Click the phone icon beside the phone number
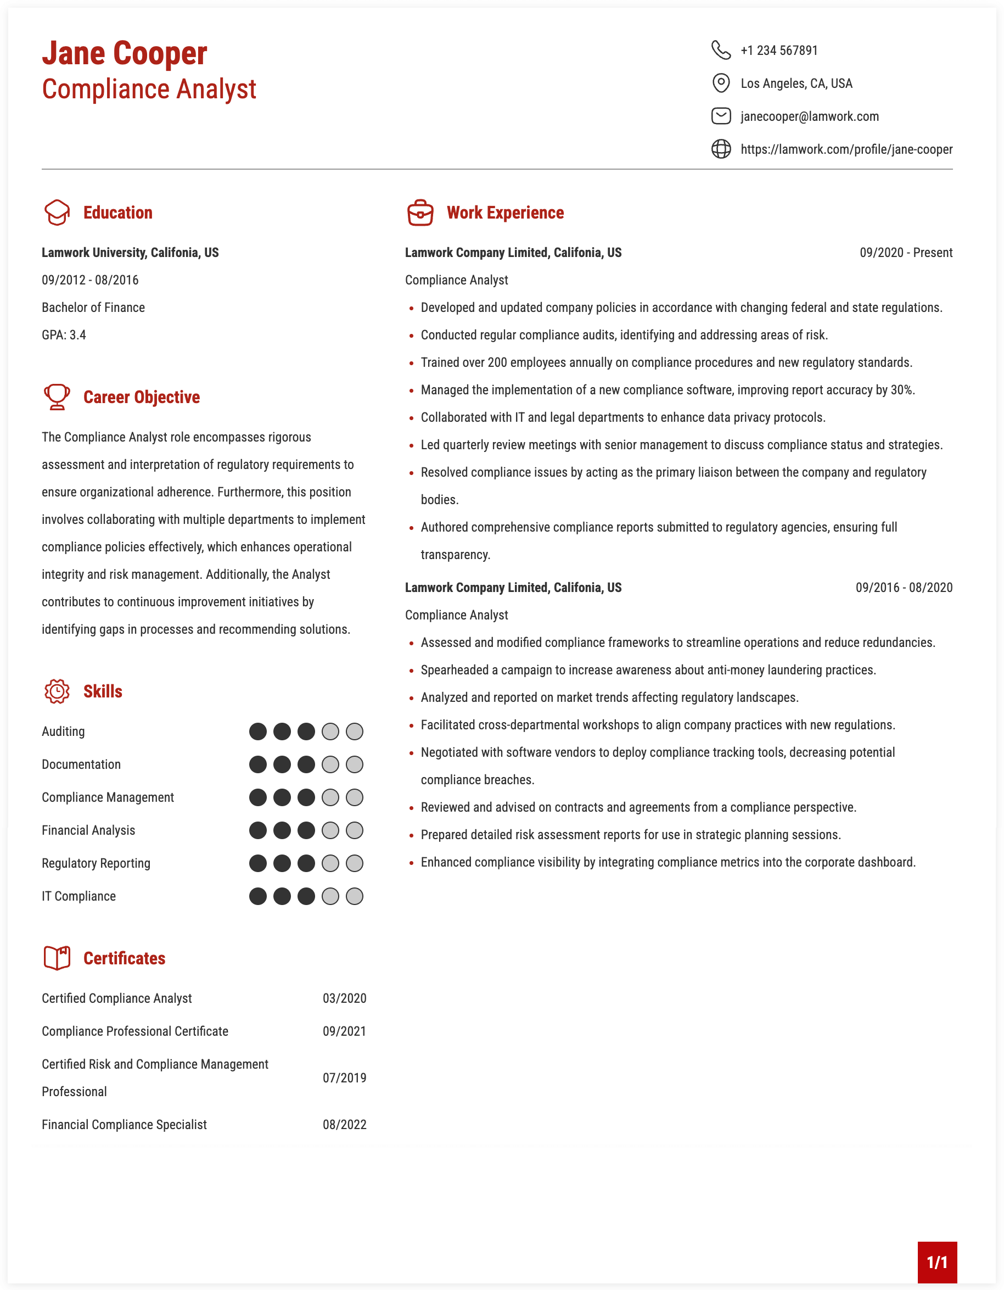point(721,50)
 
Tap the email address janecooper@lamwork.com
point(809,116)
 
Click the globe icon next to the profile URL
point(721,149)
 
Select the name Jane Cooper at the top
point(125,53)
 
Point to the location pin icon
point(721,83)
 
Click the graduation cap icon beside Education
point(57,213)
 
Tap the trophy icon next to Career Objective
point(57,397)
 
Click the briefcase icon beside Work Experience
point(420,213)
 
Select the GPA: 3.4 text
point(64,335)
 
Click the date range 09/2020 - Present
point(905,253)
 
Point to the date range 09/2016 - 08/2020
point(904,588)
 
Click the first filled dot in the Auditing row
point(258,732)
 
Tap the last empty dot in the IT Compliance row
point(354,897)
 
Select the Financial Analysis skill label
point(88,830)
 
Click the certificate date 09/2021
point(344,1031)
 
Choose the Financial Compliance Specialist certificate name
point(124,1125)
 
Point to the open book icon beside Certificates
point(57,958)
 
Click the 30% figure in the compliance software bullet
point(902,390)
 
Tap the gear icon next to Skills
point(57,691)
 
